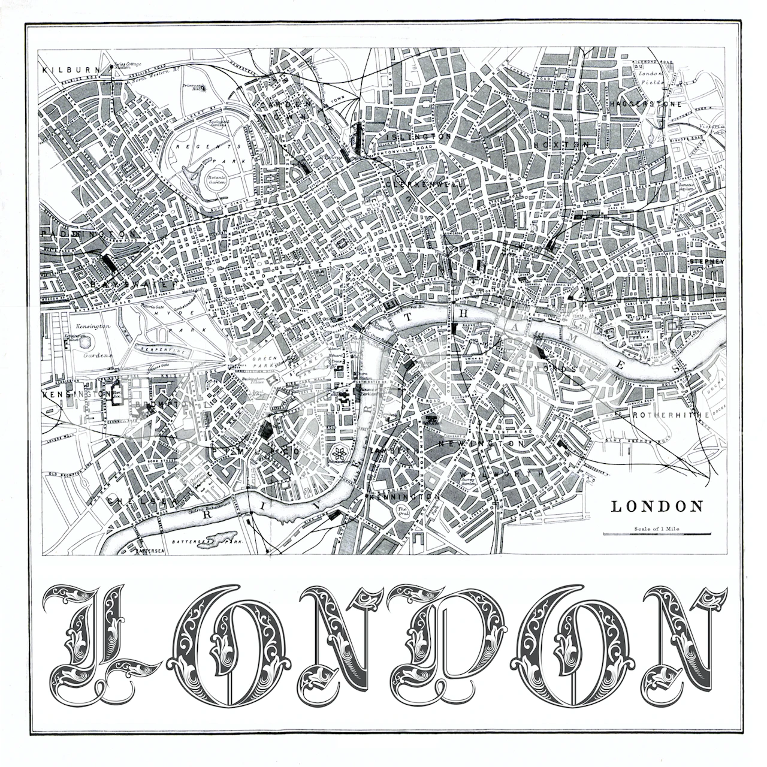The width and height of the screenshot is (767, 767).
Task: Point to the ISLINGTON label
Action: (418, 137)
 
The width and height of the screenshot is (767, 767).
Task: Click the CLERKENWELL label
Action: (426, 185)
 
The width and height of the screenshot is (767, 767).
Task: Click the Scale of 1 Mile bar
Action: (657, 533)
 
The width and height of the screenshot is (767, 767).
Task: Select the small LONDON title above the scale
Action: (657, 506)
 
